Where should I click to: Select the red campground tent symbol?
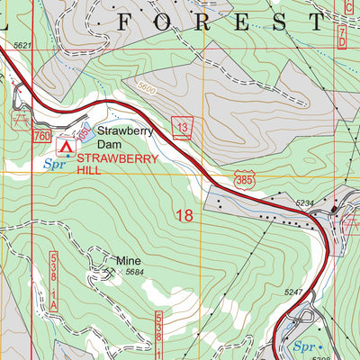[64, 144]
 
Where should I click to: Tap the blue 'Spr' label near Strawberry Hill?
[54, 164]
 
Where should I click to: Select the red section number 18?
[184, 215]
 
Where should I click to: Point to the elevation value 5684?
[135, 273]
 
